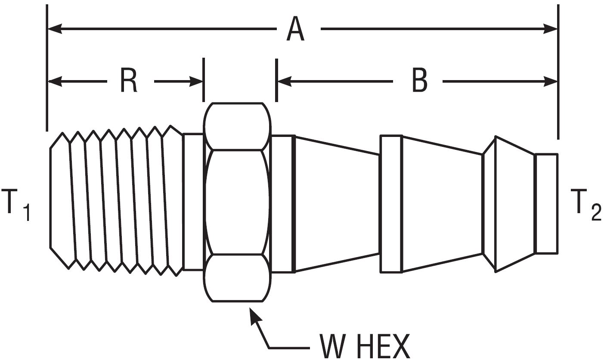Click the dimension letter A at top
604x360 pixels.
pyautogui.click(x=296, y=29)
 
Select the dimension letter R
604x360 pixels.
pyautogui.click(x=129, y=81)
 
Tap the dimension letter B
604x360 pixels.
pyautogui.click(x=420, y=81)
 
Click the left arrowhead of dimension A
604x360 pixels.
pyautogui.click(x=54, y=29)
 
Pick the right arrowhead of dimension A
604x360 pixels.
pyautogui.click(x=551, y=29)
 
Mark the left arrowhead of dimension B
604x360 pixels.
pyautogui.click(x=284, y=81)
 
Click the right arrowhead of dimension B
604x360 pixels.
pyautogui.click(x=551, y=81)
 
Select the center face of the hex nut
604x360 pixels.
pyautogui.click(x=237, y=202)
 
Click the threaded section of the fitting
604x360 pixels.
pyautogui.click(x=116, y=202)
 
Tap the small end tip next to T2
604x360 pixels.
pyautogui.click(x=546, y=204)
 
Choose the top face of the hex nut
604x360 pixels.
pyautogui.click(x=237, y=126)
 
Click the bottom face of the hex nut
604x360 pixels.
pyautogui.click(x=237, y=278)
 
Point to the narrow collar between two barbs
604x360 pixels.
pyautogui.click(x=391, y=204)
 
